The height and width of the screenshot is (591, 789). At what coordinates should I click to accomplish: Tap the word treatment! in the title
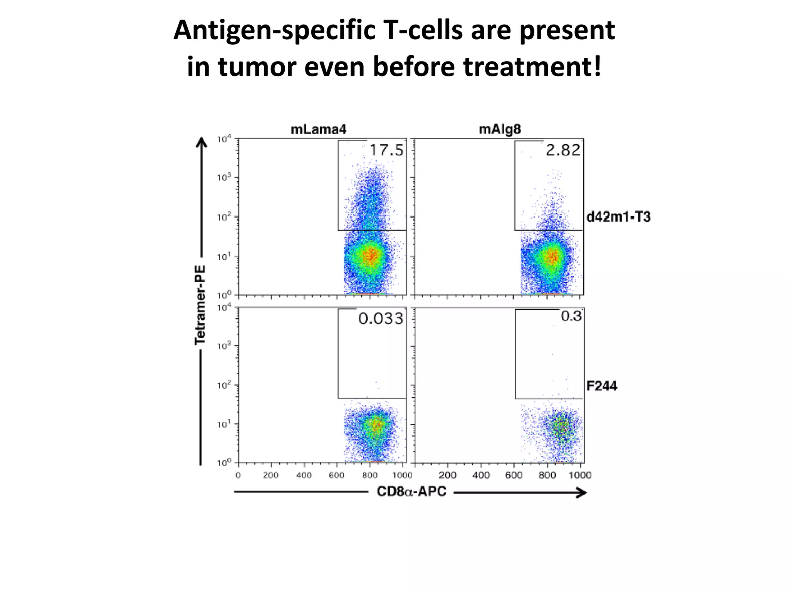[x=532, y=67]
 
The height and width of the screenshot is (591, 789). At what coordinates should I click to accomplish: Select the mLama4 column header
[x=318, y=130]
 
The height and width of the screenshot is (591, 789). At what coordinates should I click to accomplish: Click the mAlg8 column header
[x=500, y=130]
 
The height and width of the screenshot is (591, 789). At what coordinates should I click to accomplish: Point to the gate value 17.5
[x=386, y=150]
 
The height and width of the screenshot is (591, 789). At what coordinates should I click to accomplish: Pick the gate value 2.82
[x=563, y=150]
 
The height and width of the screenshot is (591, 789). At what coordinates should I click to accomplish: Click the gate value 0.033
[x=381, y=319]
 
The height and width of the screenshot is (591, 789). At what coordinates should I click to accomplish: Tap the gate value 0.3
[x=571, y=316]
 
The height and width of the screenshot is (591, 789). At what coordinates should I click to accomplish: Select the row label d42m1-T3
[x=618, y=217]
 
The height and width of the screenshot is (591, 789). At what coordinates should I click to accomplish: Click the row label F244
[x=601, y=386]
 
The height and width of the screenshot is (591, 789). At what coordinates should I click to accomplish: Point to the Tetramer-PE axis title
[x=200, y=305]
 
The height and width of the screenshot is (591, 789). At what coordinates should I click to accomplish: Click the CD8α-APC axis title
[x=411, y=492]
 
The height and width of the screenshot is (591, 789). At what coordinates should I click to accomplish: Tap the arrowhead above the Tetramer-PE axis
[x=201, y=143]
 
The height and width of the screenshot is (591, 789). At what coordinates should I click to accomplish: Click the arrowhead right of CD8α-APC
[x=581, y=492]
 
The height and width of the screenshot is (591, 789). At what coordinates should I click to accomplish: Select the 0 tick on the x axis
[x=238, y=476]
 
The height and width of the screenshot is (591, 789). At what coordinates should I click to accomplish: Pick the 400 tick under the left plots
[x=304, y=476]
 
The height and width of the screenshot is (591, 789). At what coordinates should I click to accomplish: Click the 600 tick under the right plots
[x=514, y=476]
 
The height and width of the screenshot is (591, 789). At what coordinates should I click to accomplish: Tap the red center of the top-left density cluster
[x=371, y=255]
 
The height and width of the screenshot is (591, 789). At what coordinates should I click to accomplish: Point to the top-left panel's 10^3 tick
[x=223, y=178]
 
